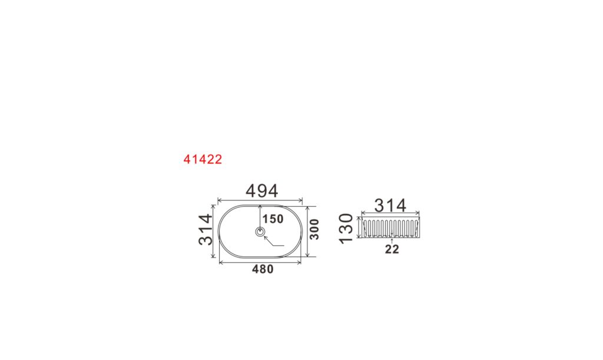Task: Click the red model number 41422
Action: (x=203, y=159)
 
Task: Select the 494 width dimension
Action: (x=261, y=191)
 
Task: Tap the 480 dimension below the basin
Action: (x=263, y=269)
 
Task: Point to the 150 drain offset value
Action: (x=273, y=219)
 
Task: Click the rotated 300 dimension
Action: (x=314, y=229)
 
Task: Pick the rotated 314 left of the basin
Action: (x=206, y=230)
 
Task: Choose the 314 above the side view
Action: (x=390, y=206)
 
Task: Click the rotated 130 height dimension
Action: (x=346, y=228)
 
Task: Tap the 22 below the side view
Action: (x=392, y=249)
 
